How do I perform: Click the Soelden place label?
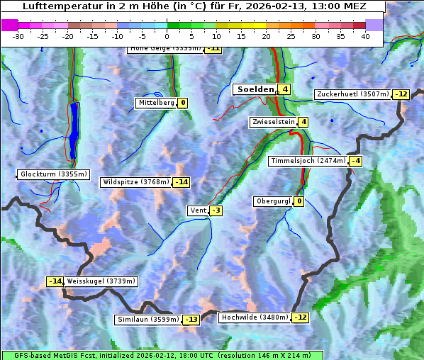[254, 89]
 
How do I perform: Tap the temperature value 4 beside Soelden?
[284, 89]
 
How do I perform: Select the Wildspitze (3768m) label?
[135, 182]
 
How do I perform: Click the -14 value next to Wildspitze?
[182, 182]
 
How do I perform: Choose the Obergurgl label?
[273, 201]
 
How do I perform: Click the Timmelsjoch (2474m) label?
[308, 161]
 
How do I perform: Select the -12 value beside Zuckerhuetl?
[402, 94]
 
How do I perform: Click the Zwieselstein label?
[274, 122]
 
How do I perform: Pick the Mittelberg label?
[156, 103]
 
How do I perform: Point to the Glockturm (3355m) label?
[54, 174]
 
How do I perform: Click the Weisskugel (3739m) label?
[101, 281]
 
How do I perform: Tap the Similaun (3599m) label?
[147, 320]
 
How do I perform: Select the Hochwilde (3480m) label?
[255, 317]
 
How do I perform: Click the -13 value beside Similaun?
[191, 320]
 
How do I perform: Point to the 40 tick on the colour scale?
[365, 36]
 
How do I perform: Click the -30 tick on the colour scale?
[18, 36]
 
